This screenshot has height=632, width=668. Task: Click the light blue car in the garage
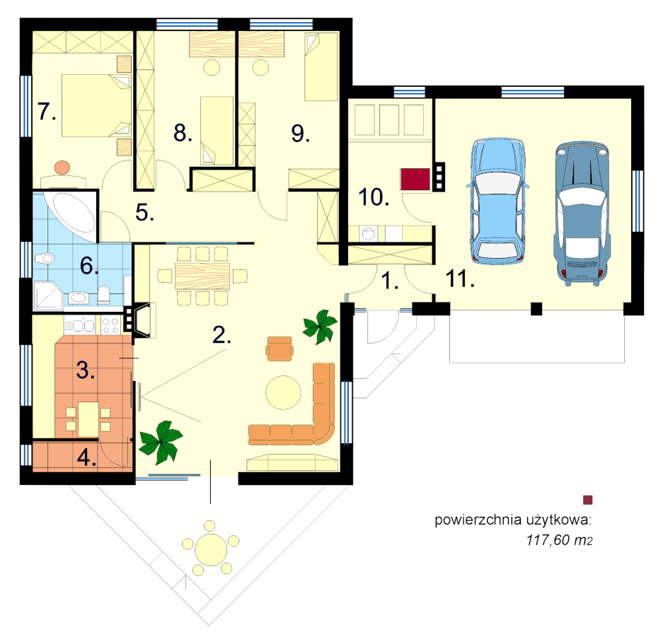(x=497, y=201)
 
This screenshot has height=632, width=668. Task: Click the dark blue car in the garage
(x=582, y=213)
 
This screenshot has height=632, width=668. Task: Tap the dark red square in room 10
(x=415, y=179)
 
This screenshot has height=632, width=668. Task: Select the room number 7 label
(x=47, y=112)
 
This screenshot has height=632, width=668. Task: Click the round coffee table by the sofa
(x=283, y=392)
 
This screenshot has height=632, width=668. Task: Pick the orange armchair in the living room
(x=280, y=349)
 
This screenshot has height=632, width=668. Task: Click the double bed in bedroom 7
(x=96, y=106)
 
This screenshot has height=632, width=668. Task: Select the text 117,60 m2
(x=559, y=540)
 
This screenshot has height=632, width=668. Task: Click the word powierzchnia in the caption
(x=478, y=520)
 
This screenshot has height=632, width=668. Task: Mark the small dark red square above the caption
(x=587, y=500)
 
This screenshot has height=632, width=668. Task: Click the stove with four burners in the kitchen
(x=110, y=326)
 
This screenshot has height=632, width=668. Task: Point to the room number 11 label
(x=460, y=279)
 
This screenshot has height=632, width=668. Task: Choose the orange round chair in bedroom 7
(x=62, y=167)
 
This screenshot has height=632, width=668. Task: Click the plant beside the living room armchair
(x=320, y=327)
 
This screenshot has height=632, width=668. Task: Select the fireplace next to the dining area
(x=142, y=320)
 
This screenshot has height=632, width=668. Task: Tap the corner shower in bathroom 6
(x=48, y=295)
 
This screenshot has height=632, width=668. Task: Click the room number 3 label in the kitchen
(x=85, y=370)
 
